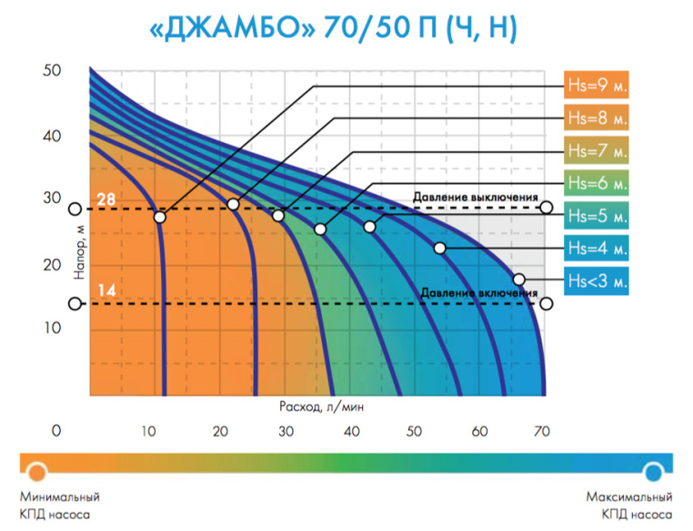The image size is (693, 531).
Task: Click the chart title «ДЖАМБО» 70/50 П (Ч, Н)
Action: pos(333,29)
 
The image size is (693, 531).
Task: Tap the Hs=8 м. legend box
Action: pos(598,118)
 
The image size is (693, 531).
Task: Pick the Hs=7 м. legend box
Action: pos(598,150)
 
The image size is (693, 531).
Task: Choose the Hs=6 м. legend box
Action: pos(598,183)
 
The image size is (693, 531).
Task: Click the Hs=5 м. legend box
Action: pos(598,216)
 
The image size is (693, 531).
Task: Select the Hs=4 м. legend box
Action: pos(598,248)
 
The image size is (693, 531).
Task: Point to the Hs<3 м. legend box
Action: pos(598,281)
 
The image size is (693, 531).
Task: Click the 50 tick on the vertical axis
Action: pos(51,70)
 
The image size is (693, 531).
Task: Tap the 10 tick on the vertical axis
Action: pos(51,328)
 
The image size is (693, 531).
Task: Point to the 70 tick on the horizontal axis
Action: pos(545,431)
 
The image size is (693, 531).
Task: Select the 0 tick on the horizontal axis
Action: pos(56,431)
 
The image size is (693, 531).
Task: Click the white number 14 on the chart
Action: pos(106,291)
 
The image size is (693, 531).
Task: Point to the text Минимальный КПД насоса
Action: pos(59,505)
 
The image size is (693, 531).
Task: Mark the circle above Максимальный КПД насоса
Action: pos(653,471)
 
